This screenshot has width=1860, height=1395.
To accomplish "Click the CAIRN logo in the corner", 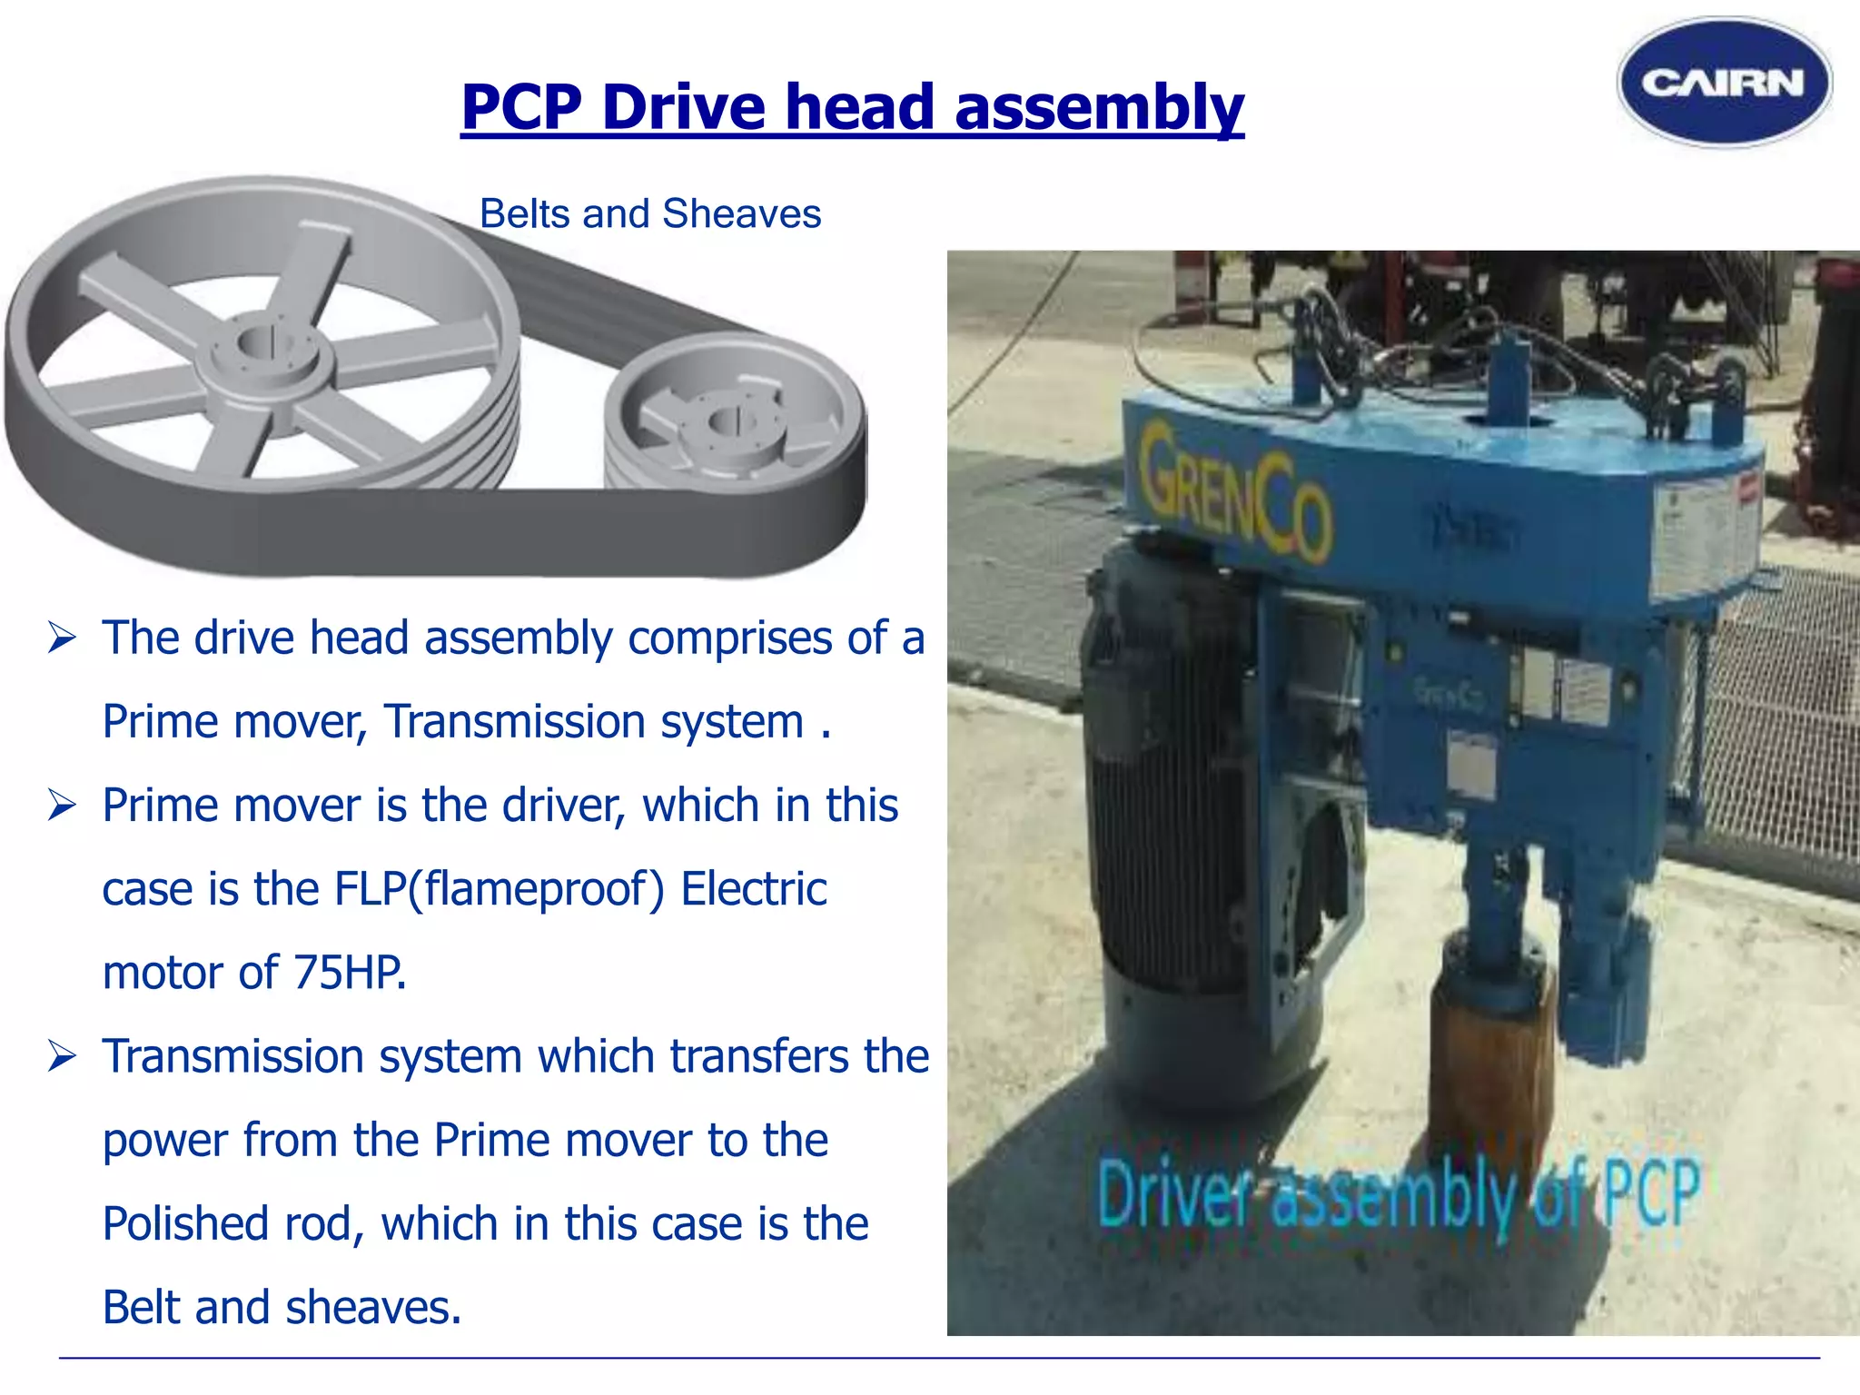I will click(1724, 83).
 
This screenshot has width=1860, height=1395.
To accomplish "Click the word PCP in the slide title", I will click(521, 107).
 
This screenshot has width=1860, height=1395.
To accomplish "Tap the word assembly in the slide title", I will click(1099, 107).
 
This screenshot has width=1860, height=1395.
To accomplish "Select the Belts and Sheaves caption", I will click(649, 214).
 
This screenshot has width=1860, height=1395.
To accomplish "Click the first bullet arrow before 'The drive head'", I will click(62, 638).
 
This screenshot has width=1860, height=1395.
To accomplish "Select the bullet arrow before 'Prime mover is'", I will click(62, 806).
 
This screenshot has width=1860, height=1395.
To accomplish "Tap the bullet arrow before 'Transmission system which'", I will click(62, 1057).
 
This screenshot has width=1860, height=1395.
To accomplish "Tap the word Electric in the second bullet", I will click(754, 889).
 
